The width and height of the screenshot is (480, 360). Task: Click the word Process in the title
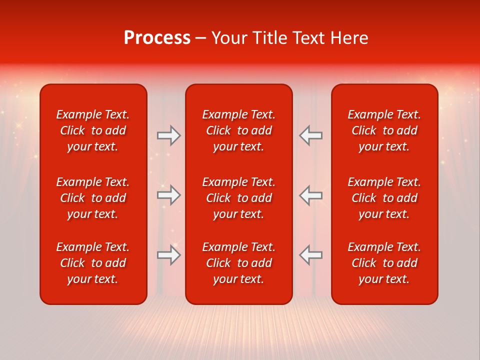coord(157,38)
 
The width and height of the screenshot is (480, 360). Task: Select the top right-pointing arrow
coord(169,135)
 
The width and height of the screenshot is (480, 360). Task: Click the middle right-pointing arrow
coord(169,195)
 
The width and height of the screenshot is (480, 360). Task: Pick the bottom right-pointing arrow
coord(169,255)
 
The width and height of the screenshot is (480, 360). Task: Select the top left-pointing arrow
coord(310,135)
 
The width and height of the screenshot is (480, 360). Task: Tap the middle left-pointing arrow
coord(310,195)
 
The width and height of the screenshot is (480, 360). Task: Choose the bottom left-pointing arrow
coord(310,255)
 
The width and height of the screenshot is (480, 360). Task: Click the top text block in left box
coord(93,130)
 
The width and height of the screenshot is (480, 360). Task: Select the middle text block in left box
coord(93,198)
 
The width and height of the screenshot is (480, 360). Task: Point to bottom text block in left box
coord(93,263)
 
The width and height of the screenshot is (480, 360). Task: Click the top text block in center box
coord(238,130)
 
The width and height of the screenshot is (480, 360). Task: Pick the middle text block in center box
coord(238,198)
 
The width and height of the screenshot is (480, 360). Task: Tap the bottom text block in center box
coord(238,263)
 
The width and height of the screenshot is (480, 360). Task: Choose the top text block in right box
coord(384,130)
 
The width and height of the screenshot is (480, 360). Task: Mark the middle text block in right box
coord(384,198)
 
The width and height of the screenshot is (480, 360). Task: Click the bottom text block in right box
coord(384,263)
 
